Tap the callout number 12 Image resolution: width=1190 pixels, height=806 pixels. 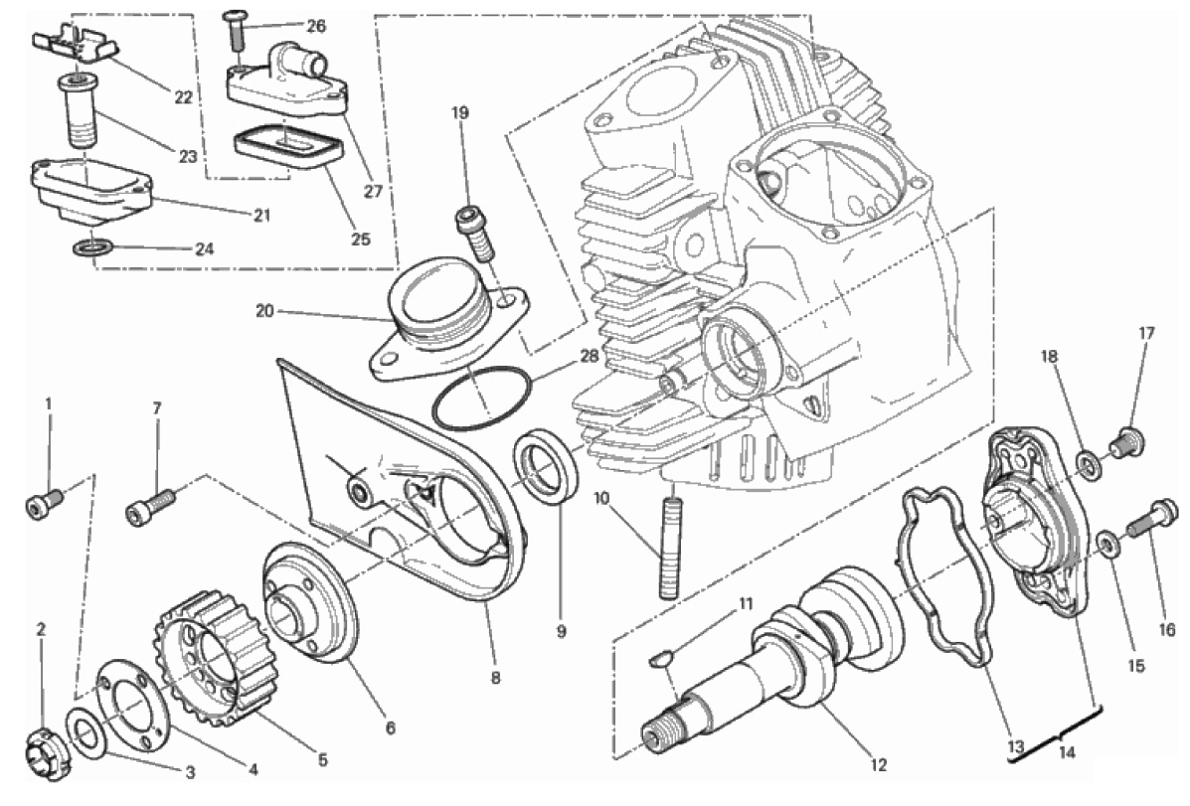point(876,765)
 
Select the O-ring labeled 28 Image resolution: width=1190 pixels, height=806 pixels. point(481,400)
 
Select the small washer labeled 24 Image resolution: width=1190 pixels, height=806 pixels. point(91,247)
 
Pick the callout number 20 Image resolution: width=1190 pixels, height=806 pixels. point(263,311)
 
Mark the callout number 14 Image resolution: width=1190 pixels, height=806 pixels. point(1067,753)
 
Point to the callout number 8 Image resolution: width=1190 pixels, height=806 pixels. point(495,679)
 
